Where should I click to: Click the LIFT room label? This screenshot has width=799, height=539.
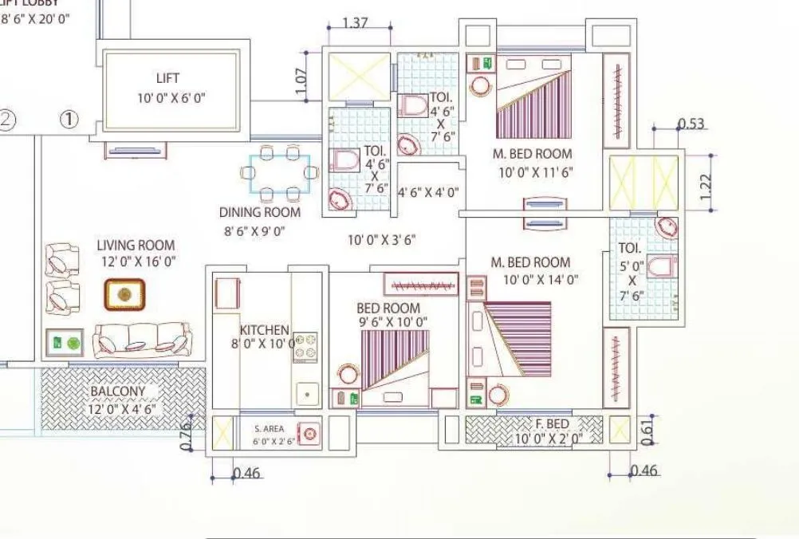click(x=167, y=78)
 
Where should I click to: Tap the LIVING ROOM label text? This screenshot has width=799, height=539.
click(x=136, y=246)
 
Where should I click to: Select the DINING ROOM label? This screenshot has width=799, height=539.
click(x=260, y=212)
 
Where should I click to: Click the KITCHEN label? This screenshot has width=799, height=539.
click(x=264, y=330)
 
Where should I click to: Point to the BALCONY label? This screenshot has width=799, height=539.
click(x=117, y=391)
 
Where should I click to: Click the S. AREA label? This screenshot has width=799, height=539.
click(x=269, y=428)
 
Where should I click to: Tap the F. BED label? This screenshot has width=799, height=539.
click(x=547, y=423)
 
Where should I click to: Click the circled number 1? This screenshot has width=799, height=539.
click(x=70, y=120)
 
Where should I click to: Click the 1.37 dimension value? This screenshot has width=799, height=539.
click(x=355, y=23)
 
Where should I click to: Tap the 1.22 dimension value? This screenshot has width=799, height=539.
click(x=705, y=186)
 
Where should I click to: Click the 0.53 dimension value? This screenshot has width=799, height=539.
click(x=691, y=123)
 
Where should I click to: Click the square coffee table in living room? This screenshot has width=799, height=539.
click(x=124, y=294)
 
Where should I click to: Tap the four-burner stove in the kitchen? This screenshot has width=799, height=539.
click(x=305, y=348)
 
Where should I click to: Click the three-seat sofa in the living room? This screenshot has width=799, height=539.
click(x=142, y=340)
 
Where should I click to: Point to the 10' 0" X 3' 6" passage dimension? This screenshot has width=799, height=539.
click(x=381, y=239)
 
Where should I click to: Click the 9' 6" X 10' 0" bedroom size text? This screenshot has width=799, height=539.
click(x=392, y=322)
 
